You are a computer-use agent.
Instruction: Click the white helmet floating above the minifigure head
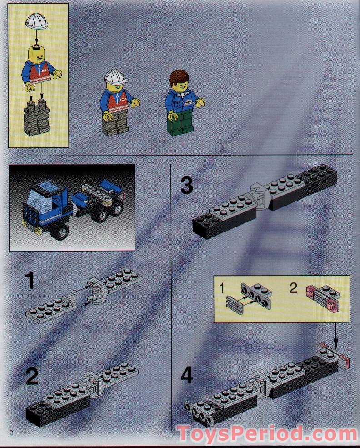37,21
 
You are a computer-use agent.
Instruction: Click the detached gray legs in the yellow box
38,119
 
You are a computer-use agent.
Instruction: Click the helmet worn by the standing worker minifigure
114,76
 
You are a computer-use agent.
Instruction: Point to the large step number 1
30,281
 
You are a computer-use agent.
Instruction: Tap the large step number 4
187,377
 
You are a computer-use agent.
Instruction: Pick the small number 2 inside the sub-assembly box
294,288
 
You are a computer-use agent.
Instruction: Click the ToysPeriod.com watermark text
267,433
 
